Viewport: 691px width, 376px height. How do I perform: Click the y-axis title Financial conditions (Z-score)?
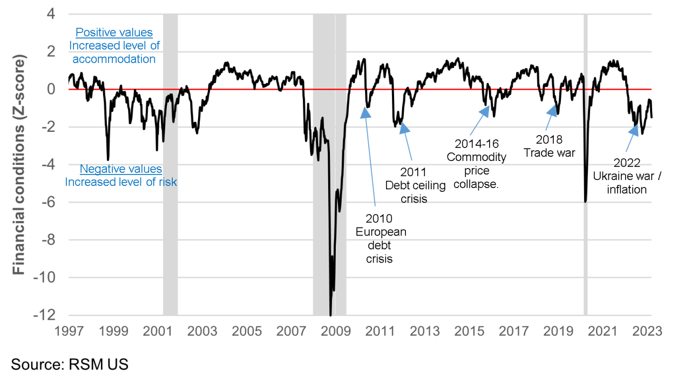[19, 164]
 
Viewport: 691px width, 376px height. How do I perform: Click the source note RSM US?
[70, 364]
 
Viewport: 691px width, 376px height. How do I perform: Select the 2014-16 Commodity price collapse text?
[480, 164]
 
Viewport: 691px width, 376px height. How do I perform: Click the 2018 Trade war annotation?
[550, 146]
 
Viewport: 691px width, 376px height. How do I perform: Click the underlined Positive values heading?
[114, 33]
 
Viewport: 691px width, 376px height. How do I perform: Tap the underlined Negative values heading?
[121, 170]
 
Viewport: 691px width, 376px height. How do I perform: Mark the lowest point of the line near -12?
[330, 314]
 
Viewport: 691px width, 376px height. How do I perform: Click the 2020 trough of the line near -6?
[585, 202]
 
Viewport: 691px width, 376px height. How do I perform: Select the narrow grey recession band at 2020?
[585, 162]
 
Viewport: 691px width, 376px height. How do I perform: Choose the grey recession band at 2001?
[170, 162]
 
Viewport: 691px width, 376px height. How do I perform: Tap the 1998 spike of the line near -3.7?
[108, 159]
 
